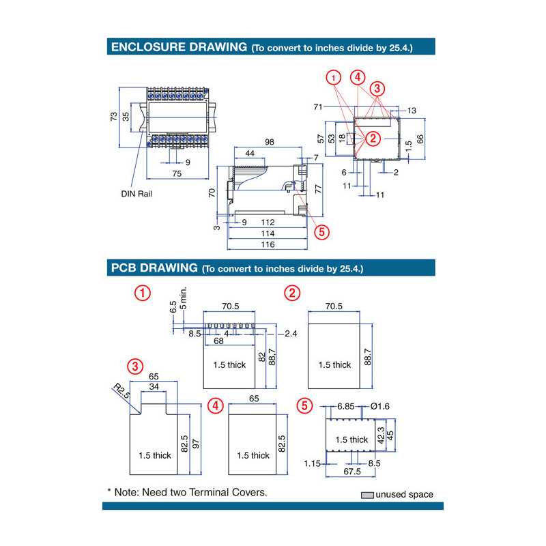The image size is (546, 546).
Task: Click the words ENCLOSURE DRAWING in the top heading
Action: (178, 47)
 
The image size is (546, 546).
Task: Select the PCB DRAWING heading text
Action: (154, 268)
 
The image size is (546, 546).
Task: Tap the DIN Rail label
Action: (136, 194)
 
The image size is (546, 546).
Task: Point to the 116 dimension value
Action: (267, 244)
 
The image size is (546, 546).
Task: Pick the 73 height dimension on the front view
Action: (115, 117)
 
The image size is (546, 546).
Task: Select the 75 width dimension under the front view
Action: (177, 174)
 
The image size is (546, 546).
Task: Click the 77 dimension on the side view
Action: (317, 188)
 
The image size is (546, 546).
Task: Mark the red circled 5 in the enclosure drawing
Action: (321, 231)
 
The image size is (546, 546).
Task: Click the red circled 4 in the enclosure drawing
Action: (356, 77)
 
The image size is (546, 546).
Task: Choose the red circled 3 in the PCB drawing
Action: (136, 367)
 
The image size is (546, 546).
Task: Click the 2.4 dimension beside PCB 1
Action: (291, 334)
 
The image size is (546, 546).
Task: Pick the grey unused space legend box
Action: (367, 495)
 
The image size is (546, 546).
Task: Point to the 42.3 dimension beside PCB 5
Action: (382, 436)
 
